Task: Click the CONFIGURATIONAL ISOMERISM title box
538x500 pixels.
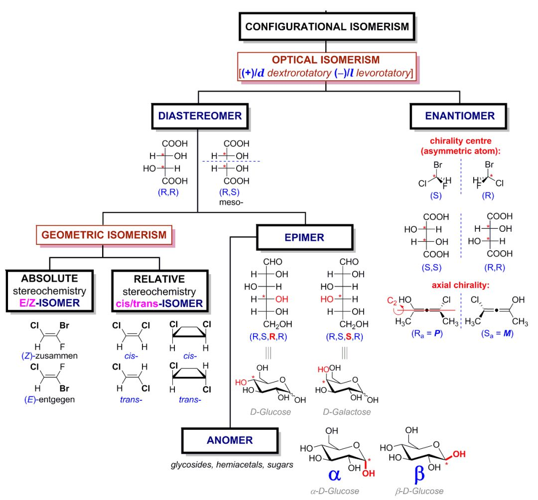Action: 327,26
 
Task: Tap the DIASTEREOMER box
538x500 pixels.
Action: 200,116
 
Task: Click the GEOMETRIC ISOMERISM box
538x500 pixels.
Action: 104,235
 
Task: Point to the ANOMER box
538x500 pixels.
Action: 230,440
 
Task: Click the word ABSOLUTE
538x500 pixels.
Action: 49,278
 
